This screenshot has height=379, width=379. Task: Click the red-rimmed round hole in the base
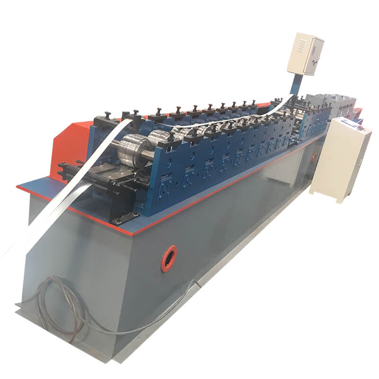(x=169, y=258)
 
